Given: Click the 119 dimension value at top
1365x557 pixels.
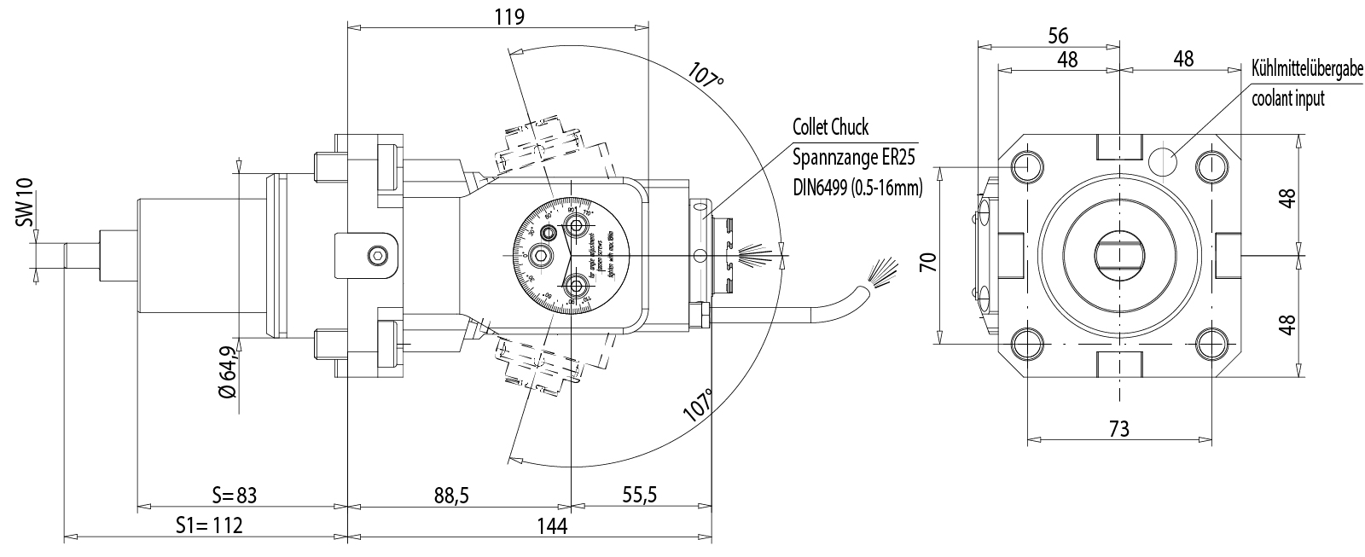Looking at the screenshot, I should pyautogui.click(x=508, y=16).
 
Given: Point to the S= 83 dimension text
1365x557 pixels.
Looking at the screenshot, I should pyautogui.click(x=234, y=496).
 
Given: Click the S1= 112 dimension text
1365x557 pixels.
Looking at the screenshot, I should pyautogui.click(x=209, y=525).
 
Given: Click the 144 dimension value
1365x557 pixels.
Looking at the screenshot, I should pyautogui.click(x=552, y=525).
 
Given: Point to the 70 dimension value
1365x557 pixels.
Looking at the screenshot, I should pyautogui.click(x=929, y=260).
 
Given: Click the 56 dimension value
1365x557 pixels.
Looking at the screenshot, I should pyautogui.click(x=1057, y=35).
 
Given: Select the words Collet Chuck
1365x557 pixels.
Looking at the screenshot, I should pyautogui.click(x=830, y=128).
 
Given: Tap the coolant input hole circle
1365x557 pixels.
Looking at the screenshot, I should pyautogui.click(x=1163, y=160).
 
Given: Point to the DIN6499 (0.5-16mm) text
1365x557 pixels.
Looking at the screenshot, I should pyautogui.click(x=857, y=187).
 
